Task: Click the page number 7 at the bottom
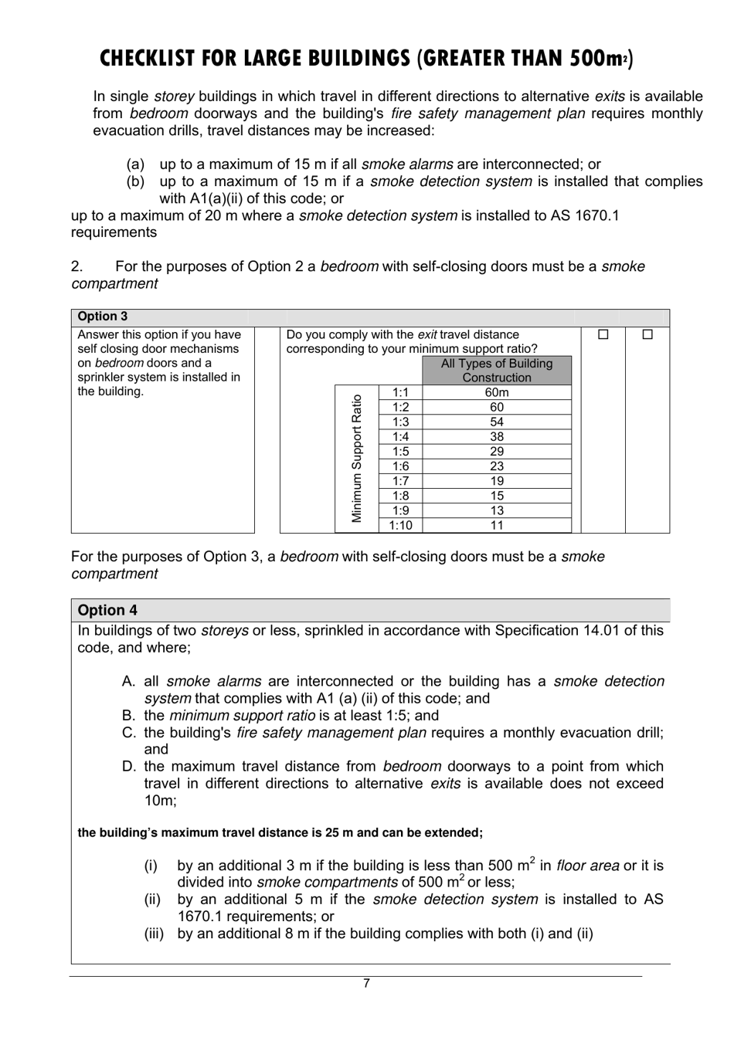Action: click(x=366, y=984)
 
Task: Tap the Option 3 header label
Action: click(x=103, y=317)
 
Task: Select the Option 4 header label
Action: click(x=107, y=610)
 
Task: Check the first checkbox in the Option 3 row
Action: click(x=603, y=335)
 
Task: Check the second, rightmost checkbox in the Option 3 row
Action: click(x=647, y=335)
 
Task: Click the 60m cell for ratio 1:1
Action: click(x=497, y=392)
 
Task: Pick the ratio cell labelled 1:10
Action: click(x=400, y=526)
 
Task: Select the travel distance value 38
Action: click(x=497, y=437)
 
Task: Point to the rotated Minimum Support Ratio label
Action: click(x=357, y=459)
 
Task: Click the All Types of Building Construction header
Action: click(x=497, y=371)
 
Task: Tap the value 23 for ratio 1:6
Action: click(x=497, y=466)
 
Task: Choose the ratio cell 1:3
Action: click(x=400, y=422)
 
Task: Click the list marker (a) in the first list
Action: click(x=135, y=164)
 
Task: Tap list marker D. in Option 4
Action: click(x=129, y=767)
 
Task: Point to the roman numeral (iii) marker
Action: click(x=154, y=934)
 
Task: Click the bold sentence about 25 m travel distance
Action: click(x=280, y=833)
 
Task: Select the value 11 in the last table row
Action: click(x=497, y=526)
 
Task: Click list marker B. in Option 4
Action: click(x=129, y=716)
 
